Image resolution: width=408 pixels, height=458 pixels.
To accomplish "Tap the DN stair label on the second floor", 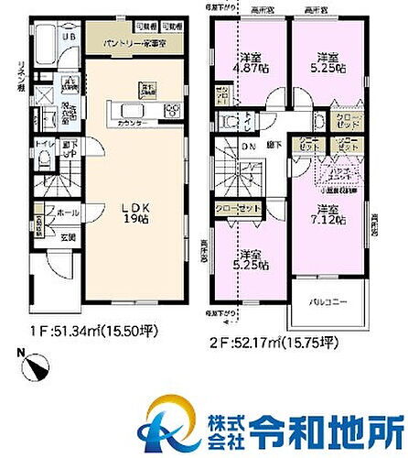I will click(x=248, y=147).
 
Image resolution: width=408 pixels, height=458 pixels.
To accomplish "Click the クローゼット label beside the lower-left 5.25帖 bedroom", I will click(x=240, y=209).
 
